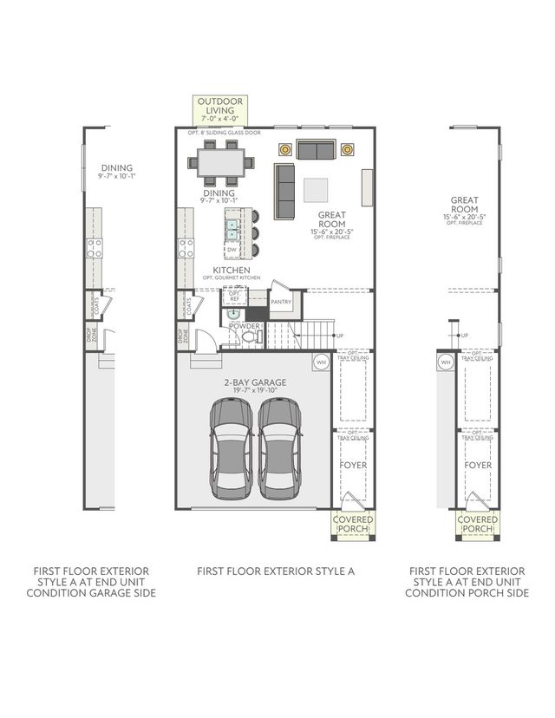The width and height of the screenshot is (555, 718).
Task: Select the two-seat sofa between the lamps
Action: point(316,150)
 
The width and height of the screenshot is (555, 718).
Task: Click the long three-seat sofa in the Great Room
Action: point(284,190)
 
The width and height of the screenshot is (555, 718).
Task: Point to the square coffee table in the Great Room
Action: point(316,189)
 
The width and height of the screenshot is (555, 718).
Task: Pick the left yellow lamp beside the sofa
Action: point(284,149)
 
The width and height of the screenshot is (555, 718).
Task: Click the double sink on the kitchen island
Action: point(232,229)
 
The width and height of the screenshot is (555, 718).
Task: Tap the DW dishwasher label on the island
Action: point(232,250)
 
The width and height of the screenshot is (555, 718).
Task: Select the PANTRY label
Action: point(281,303)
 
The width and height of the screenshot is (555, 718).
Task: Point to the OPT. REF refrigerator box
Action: point(233,297)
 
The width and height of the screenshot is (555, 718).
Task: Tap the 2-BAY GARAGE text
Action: point(254,382)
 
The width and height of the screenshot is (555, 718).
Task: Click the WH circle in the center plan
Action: point(321,362)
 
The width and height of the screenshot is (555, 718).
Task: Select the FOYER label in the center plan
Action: point(352,465)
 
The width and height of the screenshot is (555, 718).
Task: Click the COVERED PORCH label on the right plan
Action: point(477,524)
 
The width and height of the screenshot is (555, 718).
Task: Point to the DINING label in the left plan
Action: point(117,169)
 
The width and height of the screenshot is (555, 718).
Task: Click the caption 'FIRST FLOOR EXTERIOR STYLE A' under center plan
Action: point(276,571)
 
